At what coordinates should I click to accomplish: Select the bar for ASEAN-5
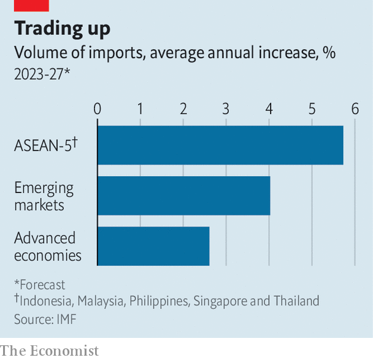[220, 145]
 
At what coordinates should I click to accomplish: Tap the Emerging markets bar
[183, 196]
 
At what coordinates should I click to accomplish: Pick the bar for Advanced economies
[153, 246]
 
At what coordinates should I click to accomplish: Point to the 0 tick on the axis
[98, 109]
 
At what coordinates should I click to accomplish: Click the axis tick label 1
[140, 109]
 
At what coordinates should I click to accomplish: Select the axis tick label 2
[183, 109]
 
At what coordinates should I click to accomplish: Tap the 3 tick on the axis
[226, 109]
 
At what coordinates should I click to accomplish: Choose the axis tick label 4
[269, 109]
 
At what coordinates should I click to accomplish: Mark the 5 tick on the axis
[312, 109]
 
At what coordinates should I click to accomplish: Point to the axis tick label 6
[355, 109]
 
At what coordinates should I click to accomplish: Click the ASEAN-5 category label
[45, 145]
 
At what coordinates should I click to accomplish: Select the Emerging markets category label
[44, 196]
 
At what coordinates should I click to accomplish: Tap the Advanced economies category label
[47, 247]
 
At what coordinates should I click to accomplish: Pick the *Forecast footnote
[39, 285]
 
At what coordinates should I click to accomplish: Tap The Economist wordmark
[50, 351]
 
